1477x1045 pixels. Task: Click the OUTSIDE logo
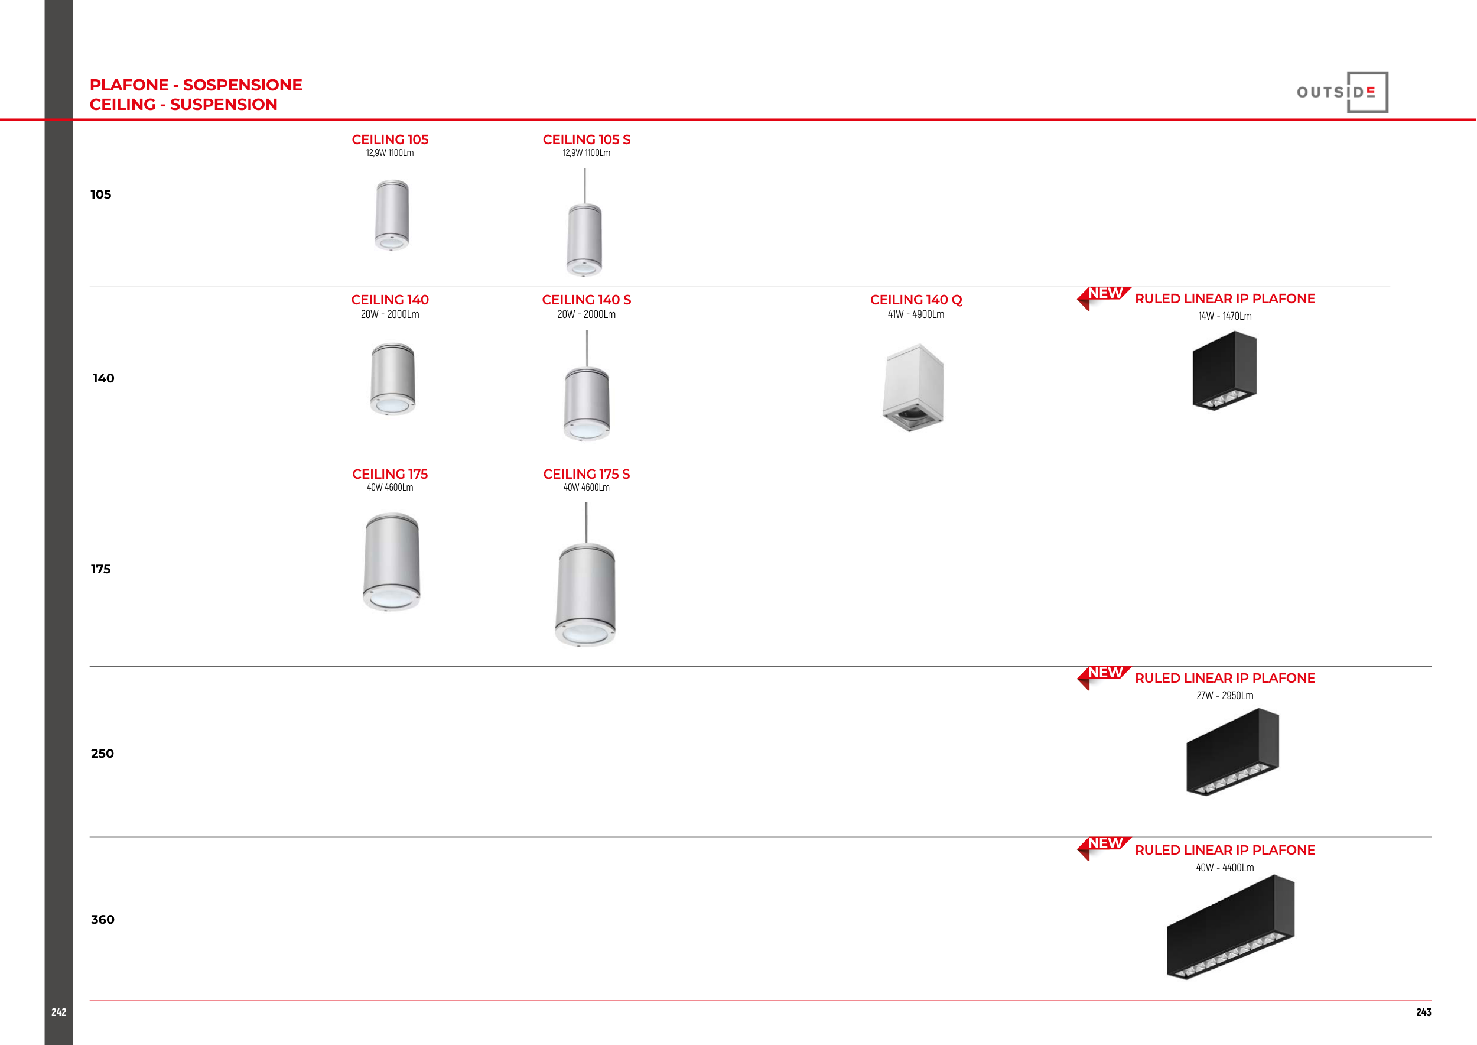pos(1342,92)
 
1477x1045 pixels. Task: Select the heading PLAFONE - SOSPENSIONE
pos(196,85)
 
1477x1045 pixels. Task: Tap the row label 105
pos(101,194)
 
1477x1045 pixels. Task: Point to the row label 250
pos(102,754)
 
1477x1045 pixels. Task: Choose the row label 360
pos(102,920)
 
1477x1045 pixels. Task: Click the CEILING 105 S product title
pos(587,139)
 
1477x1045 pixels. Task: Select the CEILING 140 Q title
pos(916,300)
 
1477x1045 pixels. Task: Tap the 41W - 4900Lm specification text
pos(916,314)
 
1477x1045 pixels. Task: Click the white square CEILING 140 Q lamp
pos(913,387)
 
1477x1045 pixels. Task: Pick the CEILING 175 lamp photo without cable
pos(392,562)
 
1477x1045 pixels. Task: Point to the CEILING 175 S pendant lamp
pos(585,575)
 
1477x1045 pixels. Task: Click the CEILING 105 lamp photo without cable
pos(392,215)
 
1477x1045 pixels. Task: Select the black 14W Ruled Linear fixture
pos(1225,371)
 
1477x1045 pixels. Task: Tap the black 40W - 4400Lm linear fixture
pos(1231,927)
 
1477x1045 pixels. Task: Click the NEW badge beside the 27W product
pos(1104,676)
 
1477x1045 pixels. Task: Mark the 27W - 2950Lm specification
pos(1225,696)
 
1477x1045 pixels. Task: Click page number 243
pos(1424,1012)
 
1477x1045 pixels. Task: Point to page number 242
pos(58,1012)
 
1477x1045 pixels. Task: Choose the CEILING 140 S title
pos(587,300)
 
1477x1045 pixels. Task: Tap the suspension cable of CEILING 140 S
pos(587,349)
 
